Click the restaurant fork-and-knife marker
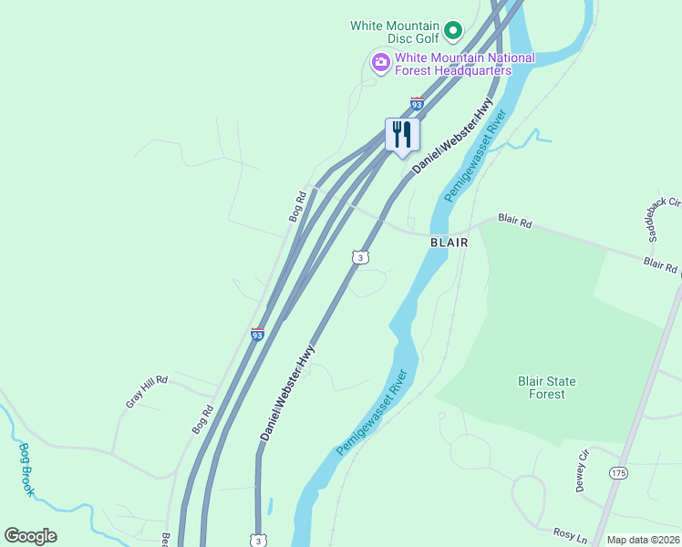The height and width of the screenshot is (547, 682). [x=402, y=135]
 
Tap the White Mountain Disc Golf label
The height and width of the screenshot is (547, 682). [x=395, y=26]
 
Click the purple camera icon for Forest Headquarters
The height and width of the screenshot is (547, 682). [x=380, y=63]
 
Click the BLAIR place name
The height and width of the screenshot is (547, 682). [x=449, y=243]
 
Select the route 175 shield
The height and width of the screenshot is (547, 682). [x=619, y=473]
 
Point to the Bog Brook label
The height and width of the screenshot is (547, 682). [x=26, y=469]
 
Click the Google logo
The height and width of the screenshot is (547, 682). [x=30, y=536]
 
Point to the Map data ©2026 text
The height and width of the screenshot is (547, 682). [x=643, y=540]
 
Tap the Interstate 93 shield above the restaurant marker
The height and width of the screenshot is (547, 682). [x=418, y=104]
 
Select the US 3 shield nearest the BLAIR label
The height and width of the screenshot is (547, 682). [x=361, y=258]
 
